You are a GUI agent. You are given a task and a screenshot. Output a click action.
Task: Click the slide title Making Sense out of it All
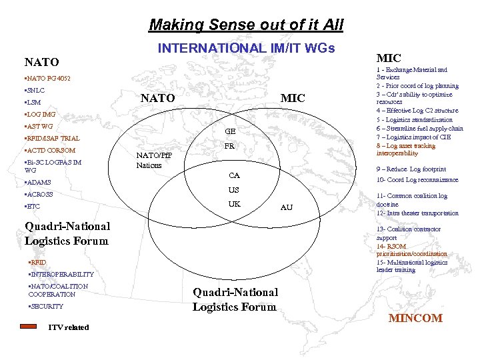point(246,25)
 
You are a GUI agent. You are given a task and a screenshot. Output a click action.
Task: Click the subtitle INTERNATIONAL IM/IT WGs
point(246,48)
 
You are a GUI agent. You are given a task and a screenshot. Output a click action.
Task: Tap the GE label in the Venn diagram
point(230,132)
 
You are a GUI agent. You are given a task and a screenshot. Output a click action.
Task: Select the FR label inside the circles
point(229,147)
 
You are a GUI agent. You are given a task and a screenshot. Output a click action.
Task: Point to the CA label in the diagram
point(234,176)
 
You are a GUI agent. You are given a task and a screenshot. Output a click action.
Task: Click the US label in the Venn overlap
point(234,190)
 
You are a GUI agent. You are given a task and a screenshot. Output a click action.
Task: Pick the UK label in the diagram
point(234,204)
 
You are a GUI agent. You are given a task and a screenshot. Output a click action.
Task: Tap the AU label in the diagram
point(286,207)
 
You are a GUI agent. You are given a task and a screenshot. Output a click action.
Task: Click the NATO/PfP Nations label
point(153,160)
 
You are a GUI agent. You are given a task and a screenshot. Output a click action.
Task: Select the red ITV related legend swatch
point(29,327)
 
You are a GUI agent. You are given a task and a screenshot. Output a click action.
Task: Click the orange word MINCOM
point(415,318)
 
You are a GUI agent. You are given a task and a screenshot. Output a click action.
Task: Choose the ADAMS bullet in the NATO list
point(38,182)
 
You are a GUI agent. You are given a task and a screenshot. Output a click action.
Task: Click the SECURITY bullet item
point(45,307)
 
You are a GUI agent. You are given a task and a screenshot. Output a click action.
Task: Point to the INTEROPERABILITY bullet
point(61,275)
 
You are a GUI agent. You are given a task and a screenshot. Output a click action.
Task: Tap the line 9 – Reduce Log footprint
point(411,169)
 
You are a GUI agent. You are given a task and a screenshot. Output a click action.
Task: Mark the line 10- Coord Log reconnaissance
point(417,180)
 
